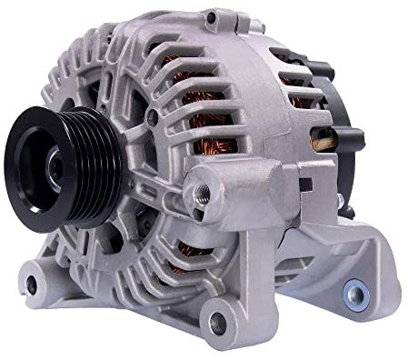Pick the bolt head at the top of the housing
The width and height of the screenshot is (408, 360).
coord(213,17)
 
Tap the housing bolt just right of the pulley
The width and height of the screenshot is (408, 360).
coord(152,118)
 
